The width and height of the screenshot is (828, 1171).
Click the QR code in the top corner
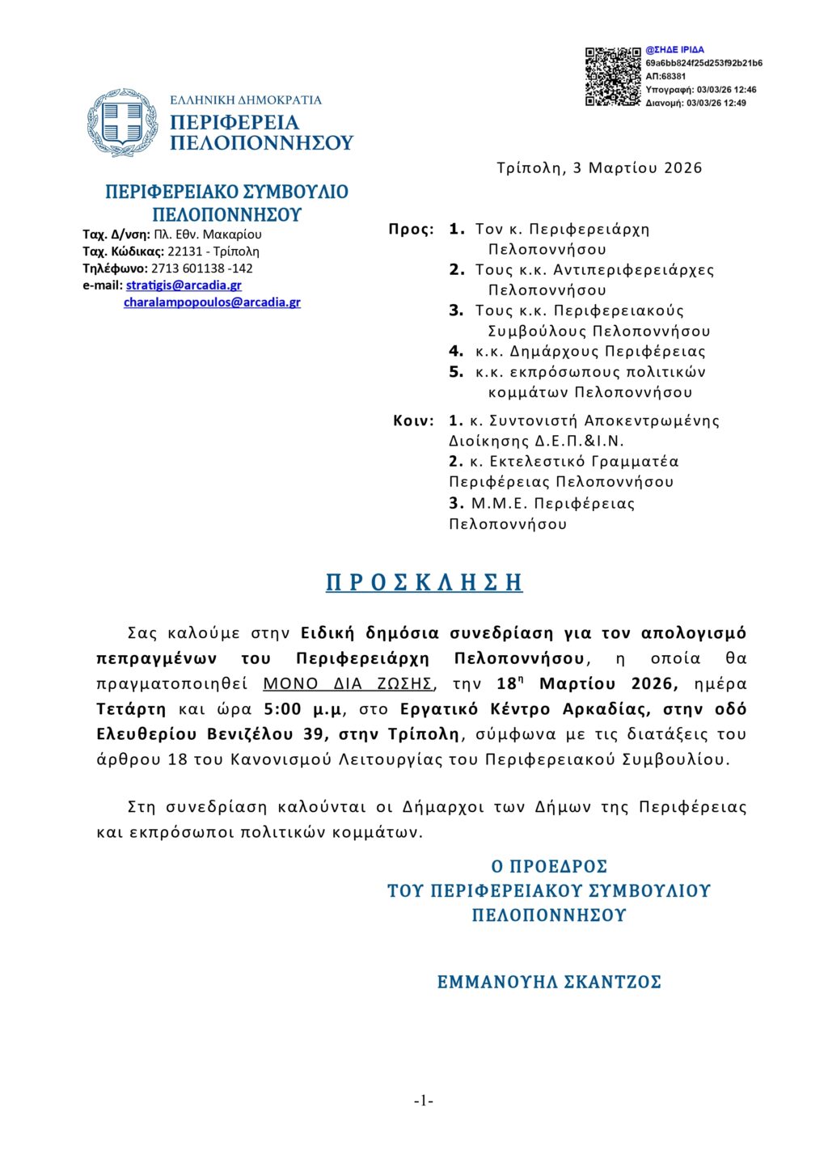tap(613, 77)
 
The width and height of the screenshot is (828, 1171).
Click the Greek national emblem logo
tap(122, 123)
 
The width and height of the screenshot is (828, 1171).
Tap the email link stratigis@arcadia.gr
tap(184, 285)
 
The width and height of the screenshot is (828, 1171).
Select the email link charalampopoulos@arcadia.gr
tap(212, 302)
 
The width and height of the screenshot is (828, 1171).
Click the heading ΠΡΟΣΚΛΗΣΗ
tap(425, 582)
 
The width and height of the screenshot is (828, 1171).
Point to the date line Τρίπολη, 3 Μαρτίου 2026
tap(599, 168)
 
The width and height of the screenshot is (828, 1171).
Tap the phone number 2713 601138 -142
tap(202, 268)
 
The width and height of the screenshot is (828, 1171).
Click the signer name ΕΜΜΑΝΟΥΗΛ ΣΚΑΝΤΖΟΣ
tap(549, 983)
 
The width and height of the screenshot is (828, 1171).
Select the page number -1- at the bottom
tap(424, 1101)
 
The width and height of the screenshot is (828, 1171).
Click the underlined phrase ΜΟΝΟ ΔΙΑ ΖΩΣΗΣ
tap(349, 684)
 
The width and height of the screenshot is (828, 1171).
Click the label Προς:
tap(411, 230)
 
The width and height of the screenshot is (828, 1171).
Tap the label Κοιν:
tap(413, 421)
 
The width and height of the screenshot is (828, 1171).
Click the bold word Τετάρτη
tap(131, 709)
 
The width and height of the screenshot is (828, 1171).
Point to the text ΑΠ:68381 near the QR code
tap(665, 76)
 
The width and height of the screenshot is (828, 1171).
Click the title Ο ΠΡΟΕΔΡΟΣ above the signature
tap(549, 867)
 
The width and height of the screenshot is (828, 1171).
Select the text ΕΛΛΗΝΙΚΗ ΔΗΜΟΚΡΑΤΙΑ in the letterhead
tap(246, 100)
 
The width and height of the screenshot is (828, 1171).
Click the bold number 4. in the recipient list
tap(456, 352)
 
